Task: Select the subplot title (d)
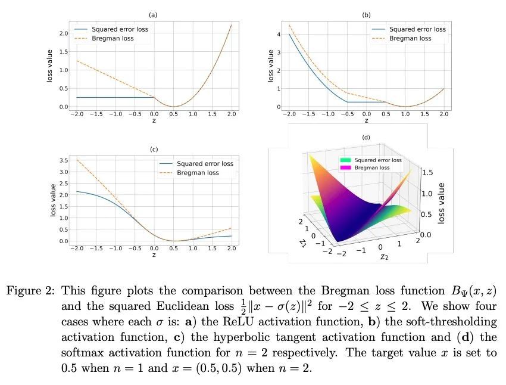coord(366,138)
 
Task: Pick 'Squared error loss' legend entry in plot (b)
coord(417,29)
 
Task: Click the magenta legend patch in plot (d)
coord(343,169)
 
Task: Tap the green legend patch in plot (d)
coord(343,160)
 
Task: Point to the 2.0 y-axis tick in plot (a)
coord(63,33)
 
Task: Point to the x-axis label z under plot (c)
coord(154,254)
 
